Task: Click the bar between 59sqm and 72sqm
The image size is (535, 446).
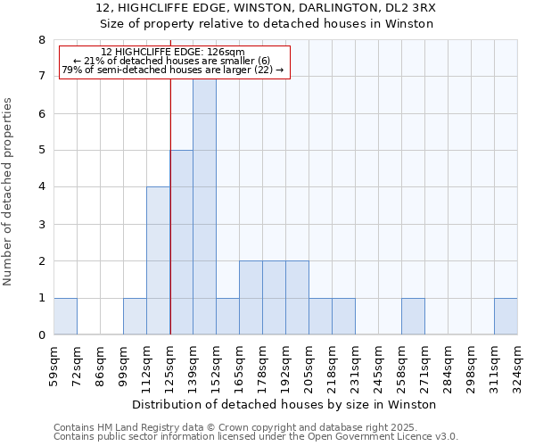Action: (x=65, y=316)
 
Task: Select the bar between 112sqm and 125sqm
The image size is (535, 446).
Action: (x=158, y=260)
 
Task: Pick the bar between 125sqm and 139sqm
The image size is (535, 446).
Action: (x=181, y=243)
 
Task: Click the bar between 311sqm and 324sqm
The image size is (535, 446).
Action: (x=506, y=316)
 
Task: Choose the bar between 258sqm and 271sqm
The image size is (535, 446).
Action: (x=413, y=316)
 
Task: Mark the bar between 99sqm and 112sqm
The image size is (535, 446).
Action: (x=135, y=316)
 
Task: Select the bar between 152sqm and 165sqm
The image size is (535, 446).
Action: (x=227, y=316)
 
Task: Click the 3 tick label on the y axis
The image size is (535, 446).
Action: (x=41, y=224)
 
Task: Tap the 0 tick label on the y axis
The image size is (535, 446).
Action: (x=41, y=335)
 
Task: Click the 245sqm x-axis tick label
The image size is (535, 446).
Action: (x=378, y=367)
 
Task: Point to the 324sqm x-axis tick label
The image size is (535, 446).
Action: (x=517, y=367)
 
